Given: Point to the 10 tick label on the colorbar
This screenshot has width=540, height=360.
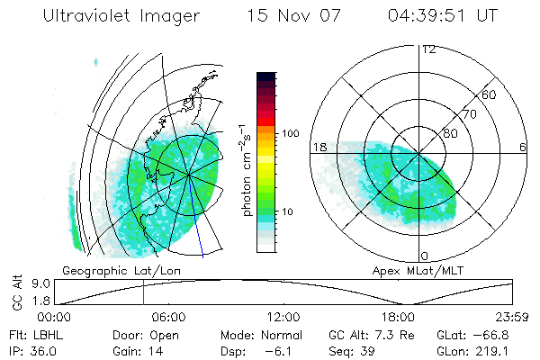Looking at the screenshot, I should click(x=288, y=211).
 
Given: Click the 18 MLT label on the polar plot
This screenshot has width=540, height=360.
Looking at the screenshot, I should click(x=318, y=147).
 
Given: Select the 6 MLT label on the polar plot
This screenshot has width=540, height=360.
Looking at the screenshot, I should click(x=523, y=147).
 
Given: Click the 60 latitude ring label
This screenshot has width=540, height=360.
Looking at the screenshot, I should click(x=490, y=94).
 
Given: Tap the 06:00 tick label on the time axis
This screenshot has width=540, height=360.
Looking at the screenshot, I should click(x=168, y=317).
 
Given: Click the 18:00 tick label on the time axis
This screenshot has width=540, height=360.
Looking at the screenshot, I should click(x=398, y=317).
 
